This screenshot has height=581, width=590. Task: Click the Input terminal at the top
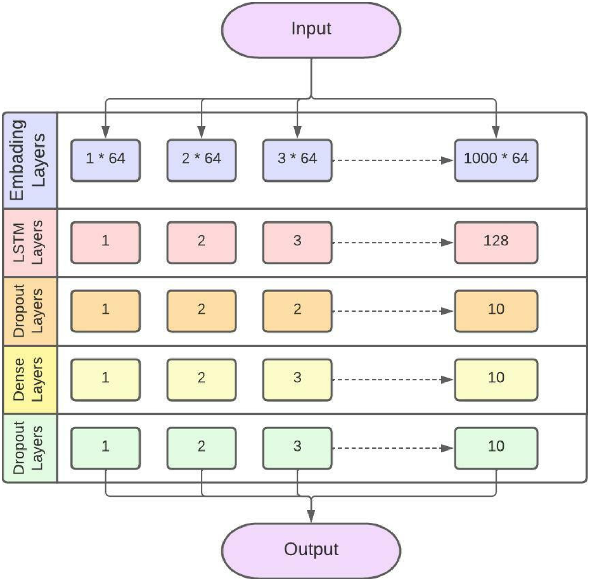tap(311, 30)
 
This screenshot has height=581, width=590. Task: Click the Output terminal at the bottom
tap(311, 550)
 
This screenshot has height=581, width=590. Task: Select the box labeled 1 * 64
tap(106, 160)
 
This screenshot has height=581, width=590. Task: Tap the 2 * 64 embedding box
tap(201, 160)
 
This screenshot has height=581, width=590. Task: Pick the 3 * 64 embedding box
tap(297, 160)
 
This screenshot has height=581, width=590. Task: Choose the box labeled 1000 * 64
tap(496, 160)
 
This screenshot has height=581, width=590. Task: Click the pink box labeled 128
tap(496, 243)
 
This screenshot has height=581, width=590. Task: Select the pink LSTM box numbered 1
tap(106, 243)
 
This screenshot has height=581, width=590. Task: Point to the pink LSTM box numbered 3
tap(297, 243)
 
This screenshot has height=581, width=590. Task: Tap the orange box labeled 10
tap(496, 311)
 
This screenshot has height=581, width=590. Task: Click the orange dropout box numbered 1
tap(106, 311)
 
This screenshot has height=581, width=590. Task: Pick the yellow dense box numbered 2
tap(201, 380)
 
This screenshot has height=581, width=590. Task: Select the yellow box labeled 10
tap(496, 380)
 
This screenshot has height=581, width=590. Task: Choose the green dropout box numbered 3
tap(297, 448)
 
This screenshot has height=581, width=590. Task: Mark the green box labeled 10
tap(496, 448)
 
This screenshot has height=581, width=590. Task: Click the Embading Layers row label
tap(28, 160)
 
